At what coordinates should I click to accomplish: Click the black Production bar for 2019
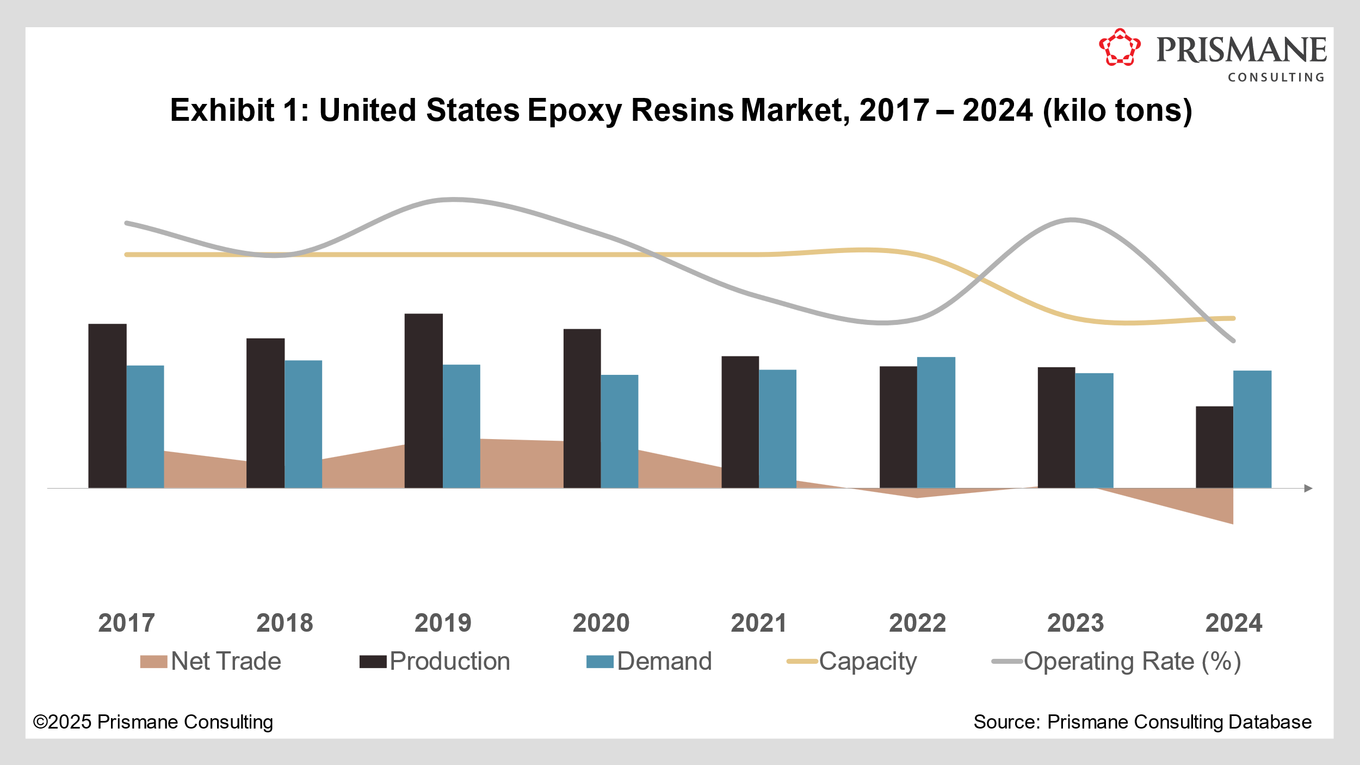click(423, 400)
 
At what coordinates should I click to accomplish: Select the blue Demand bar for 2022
click(936, 422)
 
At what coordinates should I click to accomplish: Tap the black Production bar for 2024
click(1214, 447)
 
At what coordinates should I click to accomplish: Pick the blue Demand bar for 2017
click(145, 427)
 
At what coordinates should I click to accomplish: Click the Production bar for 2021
click(740, 422)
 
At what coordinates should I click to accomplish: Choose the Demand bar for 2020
click(619, 431)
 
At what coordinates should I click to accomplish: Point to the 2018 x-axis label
click(285, 623)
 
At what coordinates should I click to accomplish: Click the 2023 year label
click(1075, 623)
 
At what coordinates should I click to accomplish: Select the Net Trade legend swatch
click(153, 662)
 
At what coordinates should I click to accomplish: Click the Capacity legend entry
click(868, 662)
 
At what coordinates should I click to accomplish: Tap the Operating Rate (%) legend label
click(1132, 662)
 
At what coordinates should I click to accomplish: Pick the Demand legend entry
click(664, 662)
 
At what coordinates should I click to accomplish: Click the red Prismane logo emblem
click(1119, 47)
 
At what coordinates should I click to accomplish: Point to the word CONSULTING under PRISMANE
click(1276, 78)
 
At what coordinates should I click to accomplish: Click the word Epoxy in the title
click(574, 110)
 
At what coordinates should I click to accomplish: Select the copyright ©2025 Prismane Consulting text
click(153, 722)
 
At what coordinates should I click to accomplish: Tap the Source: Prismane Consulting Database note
click(1142, 722)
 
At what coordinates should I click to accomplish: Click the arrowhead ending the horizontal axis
click(1308, 488)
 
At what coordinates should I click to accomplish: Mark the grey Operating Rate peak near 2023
click(1072, 220)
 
